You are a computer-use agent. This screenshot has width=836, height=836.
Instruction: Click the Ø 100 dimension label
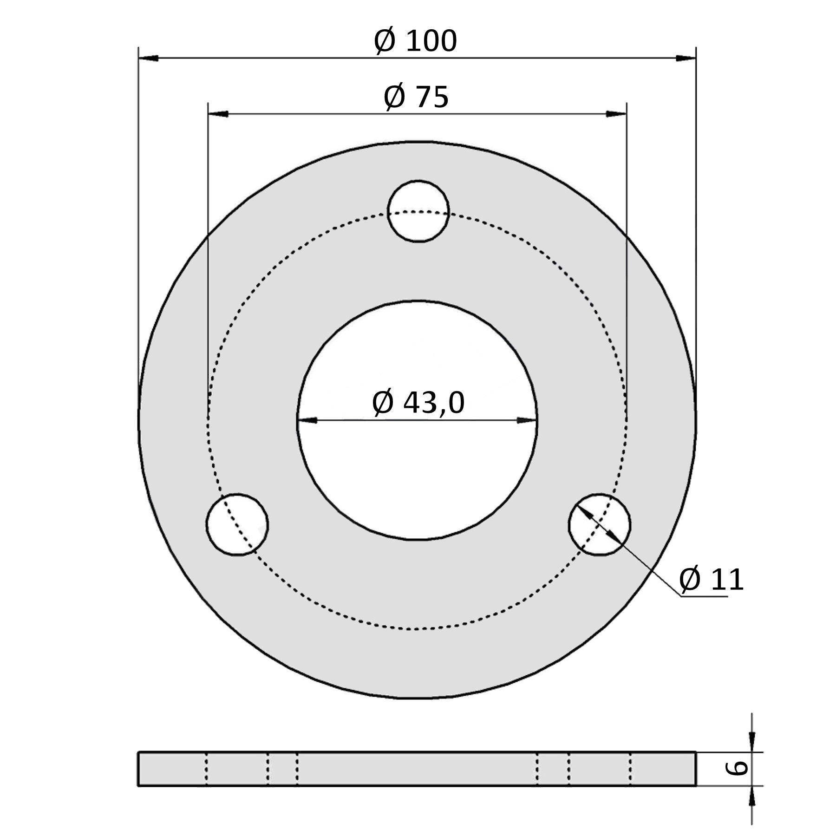pyautogui.click(x=416, y=41)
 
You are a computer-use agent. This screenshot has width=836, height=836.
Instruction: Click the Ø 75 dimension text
pyautogui.click(x=417, y=97)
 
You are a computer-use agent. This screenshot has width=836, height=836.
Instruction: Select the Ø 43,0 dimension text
pyautogui.click(x=418, y=402)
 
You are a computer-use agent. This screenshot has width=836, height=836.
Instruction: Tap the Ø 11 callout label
pyautogui.click(x=711, y=580)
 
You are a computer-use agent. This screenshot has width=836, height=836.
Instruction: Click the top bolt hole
pyautogui.click(x=418, y=211)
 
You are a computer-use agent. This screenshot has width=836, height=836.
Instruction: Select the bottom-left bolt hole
pyautogui.click(x=237, y=524)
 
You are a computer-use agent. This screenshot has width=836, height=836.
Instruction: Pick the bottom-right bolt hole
pyautogui.click(x=600, y=524)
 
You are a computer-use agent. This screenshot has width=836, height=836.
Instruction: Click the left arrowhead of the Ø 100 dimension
pyautogui.click(x=149, y=58)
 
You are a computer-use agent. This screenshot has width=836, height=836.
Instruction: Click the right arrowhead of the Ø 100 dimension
pyautogui.click(x=686, y=58)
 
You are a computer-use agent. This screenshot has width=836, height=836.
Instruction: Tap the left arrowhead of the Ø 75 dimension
pyautogui.click(x=218, y=114)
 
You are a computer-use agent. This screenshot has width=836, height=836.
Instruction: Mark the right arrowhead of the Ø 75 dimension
pyautogui.click(x=616, y=114)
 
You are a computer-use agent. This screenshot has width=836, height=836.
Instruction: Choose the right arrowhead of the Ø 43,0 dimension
pyautogui.click(x=527, y=420)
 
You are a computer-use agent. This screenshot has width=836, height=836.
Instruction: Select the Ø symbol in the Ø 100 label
pyautogui.click(x=385, y=41)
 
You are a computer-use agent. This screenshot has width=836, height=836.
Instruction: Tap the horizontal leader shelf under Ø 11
pyautogui.click(x=704, y=596)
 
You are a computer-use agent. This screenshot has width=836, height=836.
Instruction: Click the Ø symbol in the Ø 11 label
pyautogui.click(x=690, y=580)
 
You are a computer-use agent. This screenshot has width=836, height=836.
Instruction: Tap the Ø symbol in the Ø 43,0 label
pyautogui.click(x=383, y=402)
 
